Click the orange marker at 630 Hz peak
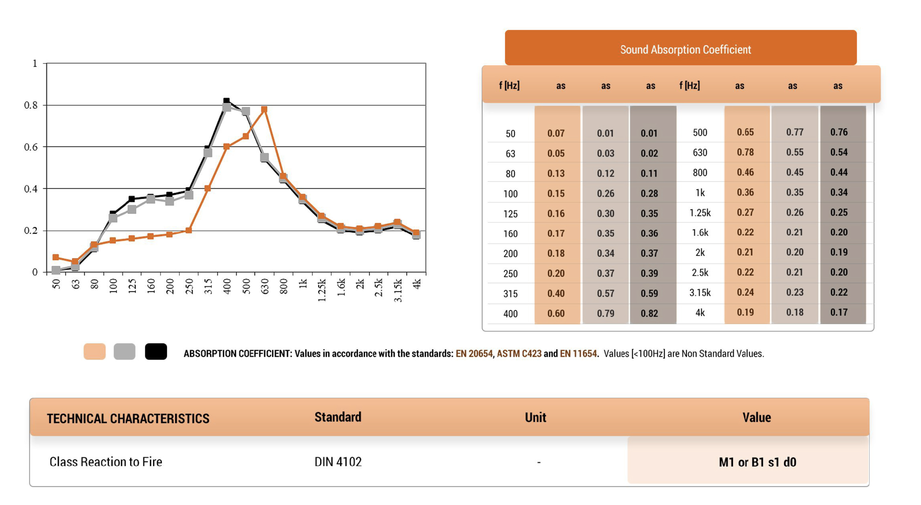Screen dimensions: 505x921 tap(264, 109)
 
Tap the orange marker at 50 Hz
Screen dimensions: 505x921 tap(56, 257)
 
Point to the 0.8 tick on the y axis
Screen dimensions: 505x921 tap(31, 105)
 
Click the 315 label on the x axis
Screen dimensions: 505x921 tap(208, 287)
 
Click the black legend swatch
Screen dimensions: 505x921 tap(156, 351)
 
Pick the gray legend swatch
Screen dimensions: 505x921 tap(124, 351)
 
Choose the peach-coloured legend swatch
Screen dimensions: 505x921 tap(94, 351)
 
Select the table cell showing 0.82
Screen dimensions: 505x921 tap(649, 313)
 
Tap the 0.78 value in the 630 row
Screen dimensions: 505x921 tap(745, 152)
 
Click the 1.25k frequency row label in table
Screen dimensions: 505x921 tap(700, 213)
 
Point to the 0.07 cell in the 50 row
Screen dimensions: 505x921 tap(556, 133)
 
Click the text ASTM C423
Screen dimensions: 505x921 tap(519, 353)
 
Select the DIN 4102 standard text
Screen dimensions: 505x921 tap(338, 462)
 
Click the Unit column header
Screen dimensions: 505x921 tap(535, 417)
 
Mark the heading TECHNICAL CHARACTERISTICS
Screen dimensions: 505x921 tap(128, 418)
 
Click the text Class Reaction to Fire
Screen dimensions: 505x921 tap(106, 462)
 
